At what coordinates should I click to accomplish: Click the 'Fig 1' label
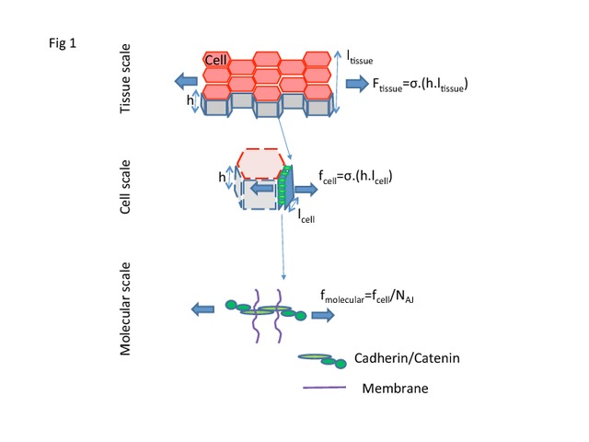[x=63, y=43]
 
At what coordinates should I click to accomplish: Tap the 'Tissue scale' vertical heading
[x=125, y=78]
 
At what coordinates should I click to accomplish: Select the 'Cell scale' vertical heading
[x=125, y=187]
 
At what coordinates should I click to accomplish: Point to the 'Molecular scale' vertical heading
[x=125, y=308]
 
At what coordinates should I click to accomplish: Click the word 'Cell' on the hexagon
[x=215, y=60]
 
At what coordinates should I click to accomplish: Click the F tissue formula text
[x=420, y=85]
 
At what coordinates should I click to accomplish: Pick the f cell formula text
[x=355, y=177]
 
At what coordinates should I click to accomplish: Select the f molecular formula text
[x=367, y=297]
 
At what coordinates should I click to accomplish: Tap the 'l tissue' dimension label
[x=360, y=57]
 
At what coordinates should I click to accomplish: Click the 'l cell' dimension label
[x=306, y=216]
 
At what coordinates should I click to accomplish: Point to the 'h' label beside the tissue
[x=191, y=100]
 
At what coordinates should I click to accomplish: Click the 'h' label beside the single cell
[x=222, y=177]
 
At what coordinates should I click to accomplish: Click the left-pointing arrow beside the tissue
[x=186, y=81]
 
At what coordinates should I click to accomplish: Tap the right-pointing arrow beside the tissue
[x=357, y=84]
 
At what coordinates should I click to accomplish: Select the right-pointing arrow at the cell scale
[x=306, y=190]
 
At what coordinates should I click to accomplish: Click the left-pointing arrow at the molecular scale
[x=202, y=309]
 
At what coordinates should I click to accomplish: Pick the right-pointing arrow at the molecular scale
[x=323, y=315]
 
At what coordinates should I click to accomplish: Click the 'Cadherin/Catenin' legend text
[x=407, y=358]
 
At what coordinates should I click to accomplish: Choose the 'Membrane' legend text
[x=395, y=389]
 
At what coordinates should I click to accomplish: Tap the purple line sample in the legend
[x=325, y=387]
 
